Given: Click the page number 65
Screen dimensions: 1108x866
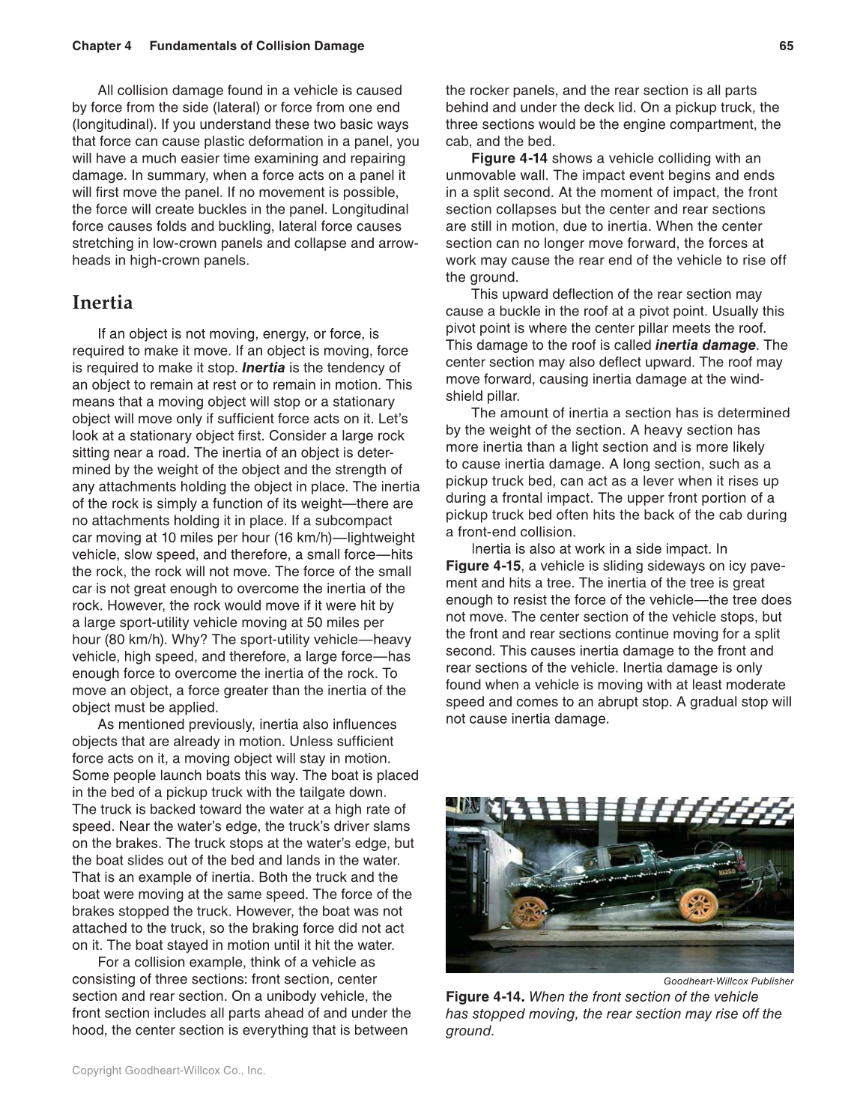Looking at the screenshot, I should coord(786,46).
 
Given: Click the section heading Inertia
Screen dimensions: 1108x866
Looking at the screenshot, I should coord(102,303).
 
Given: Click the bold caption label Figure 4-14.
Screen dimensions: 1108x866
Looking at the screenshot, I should coord(485,997).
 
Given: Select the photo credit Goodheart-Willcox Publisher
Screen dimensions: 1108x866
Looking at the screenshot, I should coord(728,981).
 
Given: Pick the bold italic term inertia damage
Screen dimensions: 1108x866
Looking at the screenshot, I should coord(705,345).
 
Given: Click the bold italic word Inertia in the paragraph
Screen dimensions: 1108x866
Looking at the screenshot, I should coord(263,368).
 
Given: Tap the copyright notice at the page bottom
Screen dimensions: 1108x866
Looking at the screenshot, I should coord(169,1071).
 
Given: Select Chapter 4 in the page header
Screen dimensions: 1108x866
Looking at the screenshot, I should coord(102,46).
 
